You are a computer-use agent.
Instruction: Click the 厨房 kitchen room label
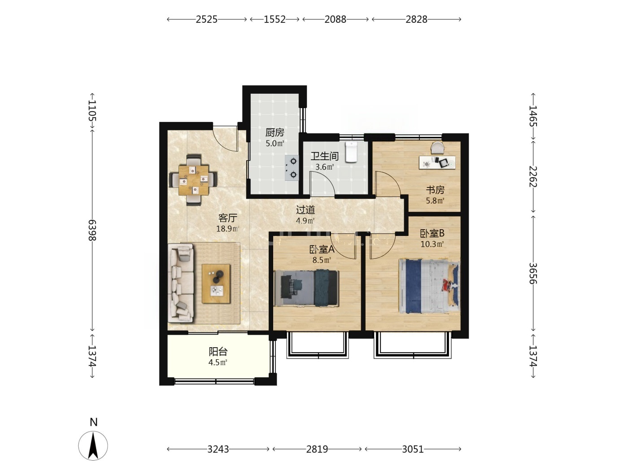275,132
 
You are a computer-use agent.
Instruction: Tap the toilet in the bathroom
351,152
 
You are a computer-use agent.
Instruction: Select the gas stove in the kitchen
292,168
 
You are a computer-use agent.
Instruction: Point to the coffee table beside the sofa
216,283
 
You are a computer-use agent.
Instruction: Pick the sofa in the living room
181,283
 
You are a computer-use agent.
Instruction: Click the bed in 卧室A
306,288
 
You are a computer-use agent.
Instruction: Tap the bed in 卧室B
429,287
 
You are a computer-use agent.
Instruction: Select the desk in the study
437,162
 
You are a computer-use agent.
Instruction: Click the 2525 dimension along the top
207,19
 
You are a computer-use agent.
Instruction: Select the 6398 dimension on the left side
92,230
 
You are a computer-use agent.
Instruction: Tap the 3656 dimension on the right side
533,274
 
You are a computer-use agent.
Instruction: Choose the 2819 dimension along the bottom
317,449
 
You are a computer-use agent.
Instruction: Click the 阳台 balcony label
218,351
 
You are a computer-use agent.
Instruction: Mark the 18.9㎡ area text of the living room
228,229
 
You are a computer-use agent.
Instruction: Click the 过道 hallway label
305,210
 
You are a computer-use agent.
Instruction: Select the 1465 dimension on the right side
533,116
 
